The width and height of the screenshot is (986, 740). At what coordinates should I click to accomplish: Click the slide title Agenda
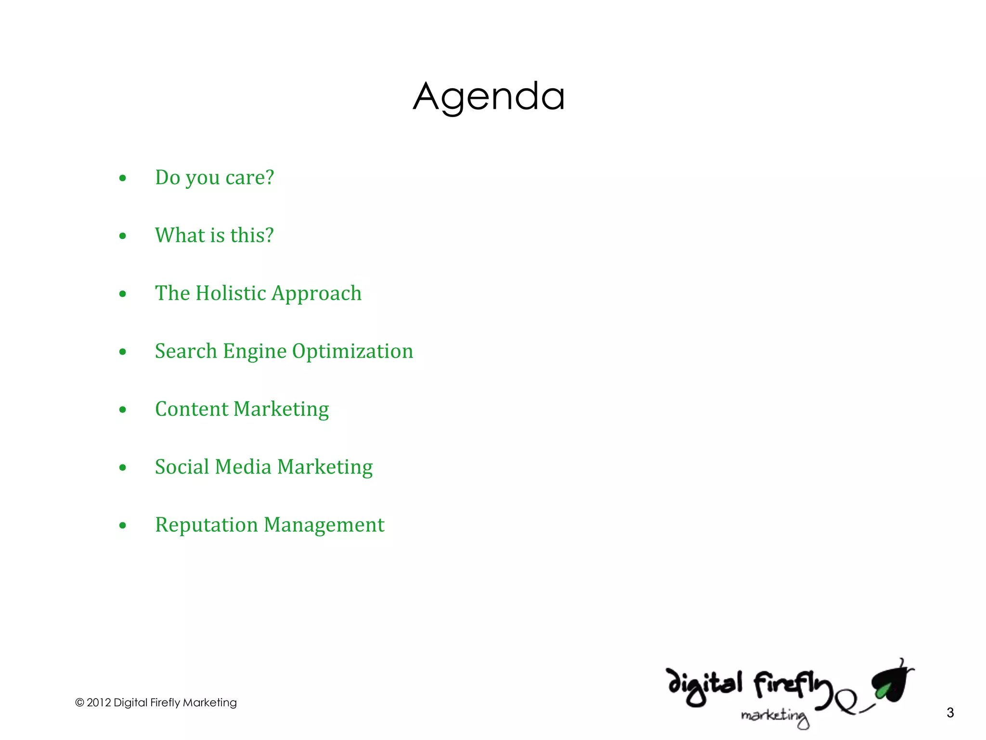[x=489, y=97]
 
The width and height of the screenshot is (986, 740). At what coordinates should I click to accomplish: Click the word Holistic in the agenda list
[x=231, y=293]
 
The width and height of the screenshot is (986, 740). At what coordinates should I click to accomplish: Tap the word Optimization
[x=352, y=351]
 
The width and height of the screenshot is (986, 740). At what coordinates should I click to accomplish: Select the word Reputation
[x=206, y=525]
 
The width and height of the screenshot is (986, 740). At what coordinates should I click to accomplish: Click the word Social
[x=182, y=467]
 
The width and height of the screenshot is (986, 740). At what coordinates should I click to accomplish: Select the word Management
[x=324, y=525]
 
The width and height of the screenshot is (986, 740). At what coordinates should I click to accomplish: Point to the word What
[x=180, y=235]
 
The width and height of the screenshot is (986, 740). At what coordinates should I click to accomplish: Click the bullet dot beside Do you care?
[x=123, y=178]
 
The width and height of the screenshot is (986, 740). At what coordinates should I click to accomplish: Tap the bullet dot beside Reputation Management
[x=123, y=526]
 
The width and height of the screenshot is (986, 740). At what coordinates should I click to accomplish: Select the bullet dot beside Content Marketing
[x=123, y=410]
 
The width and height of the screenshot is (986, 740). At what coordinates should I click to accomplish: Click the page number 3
[x=950, y=713]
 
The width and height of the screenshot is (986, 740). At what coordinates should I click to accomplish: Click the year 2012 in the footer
[x=98, y=702]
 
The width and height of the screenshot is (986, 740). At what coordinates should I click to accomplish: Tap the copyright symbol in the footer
[x=79, y=702]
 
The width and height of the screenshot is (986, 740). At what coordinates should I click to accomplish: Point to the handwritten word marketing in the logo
[x=774, y=716]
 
